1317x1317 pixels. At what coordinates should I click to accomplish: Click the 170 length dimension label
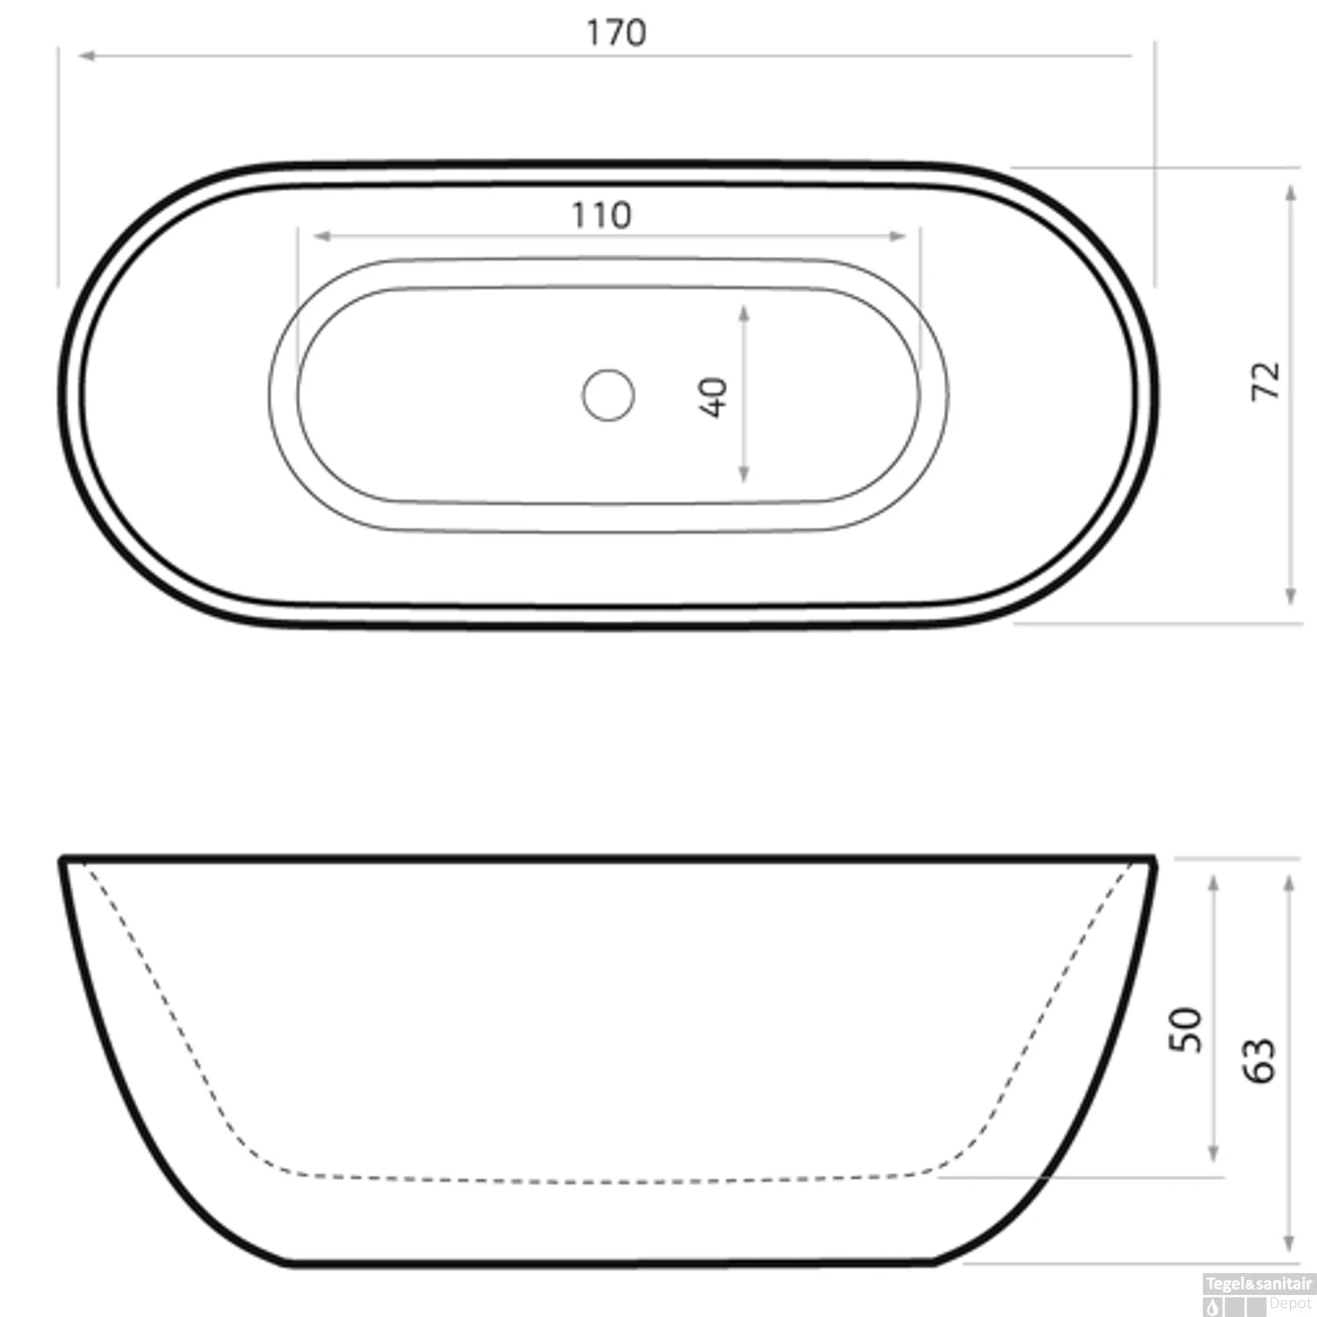pyautogui.click(x=616, y=33)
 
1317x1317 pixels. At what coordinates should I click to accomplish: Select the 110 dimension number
pyautogui.click(x=601, y=215)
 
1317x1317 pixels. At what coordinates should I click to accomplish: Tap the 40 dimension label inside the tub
pyautogui.click(x=713, y=397)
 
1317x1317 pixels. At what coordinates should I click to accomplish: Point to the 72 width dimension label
pyautogui.click(x=1265, y=381)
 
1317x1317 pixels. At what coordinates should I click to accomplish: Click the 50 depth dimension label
pyautogui.click(x=1184, y=1029)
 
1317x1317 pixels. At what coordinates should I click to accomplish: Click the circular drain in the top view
pyautogui.click(x=608, y=395)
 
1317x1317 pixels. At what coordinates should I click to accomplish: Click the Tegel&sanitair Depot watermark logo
pyautogui.click(x=1258, y=1294)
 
